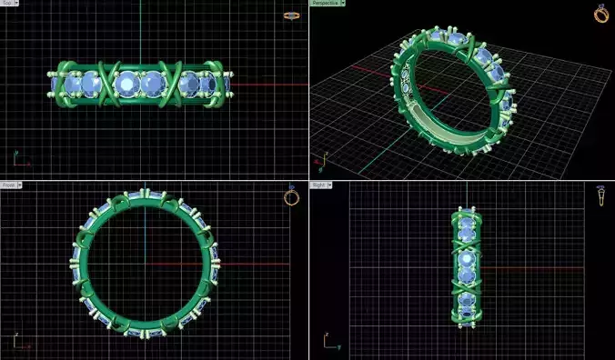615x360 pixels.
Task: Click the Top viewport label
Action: point(7,4)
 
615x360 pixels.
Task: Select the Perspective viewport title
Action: point(324,4)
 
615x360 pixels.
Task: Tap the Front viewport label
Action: point(8,185)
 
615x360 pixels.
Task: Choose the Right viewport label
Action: point(318,185)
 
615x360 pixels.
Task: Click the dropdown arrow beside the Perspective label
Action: point(342,4)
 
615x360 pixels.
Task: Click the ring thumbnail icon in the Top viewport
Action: point(291,15)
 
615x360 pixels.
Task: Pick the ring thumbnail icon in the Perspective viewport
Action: point(601,14)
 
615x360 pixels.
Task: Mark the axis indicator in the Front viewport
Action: point(20,343)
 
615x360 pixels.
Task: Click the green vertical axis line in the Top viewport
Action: point(141,36)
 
